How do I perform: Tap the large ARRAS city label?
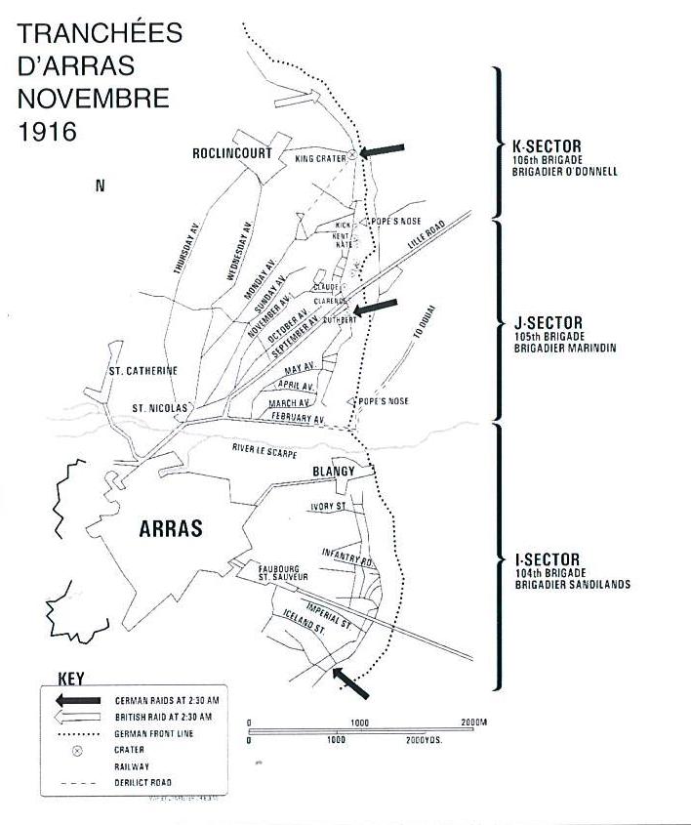coord(171,528)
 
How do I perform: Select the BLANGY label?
coord(334,472)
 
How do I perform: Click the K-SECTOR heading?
coord(547,147)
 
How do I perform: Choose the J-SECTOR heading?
coord(547,323)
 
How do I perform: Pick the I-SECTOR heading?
coord(546,560)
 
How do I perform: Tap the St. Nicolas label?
coord(160,407)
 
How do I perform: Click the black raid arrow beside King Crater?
coord(382,149)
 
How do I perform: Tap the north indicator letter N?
coord(100,186)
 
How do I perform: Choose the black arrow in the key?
coord(78,700)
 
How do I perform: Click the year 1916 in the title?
coord(48,132)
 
